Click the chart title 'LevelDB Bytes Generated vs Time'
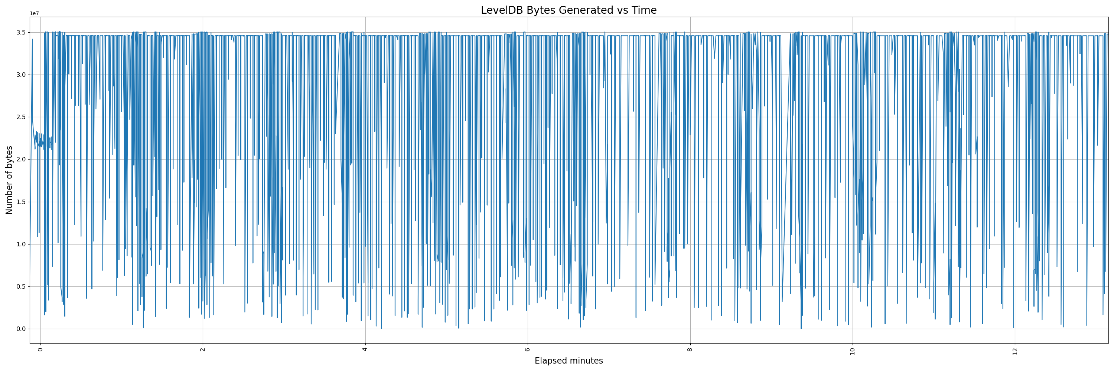pyautogui.click(x=568, y=10)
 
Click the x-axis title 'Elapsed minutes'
pyautogui.click(x=568, y=361)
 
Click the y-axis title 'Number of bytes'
pyautogui.click(x=9, y=180)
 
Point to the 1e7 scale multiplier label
pyautogui.click(x=34, y=14)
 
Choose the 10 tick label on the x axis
pyautogui.click(x=852, y=350)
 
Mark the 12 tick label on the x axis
pyautogui.click(x=1015, y=350)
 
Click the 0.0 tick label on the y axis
pyautogui.click(x=21, y=329)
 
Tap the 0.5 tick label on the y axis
pyautogui.click(x=21, y=287)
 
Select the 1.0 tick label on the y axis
pyautogui.click(x=21, y=244)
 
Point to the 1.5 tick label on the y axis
pyautogui.click(x=21, y=202)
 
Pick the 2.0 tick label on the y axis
pyautogui.click(x=21, y=160)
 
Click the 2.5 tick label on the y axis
pyautogui.click(x=21, y=117)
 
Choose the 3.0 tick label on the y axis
pyautogui.click(x=21, y=75)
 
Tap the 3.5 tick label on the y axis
pyautogui.click(x=21, y=32)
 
